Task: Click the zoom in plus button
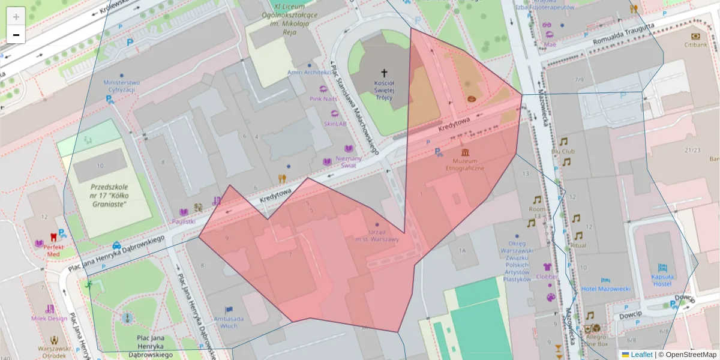(16, 16)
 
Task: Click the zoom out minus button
(16, 35)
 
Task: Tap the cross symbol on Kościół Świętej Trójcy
(385, 73)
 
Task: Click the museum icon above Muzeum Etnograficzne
(466, 152)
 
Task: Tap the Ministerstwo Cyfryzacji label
(121, 86)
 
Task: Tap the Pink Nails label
(323, 98)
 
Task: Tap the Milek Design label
(49, 319)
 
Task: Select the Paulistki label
(184, 221)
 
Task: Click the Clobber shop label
(547, 277)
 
